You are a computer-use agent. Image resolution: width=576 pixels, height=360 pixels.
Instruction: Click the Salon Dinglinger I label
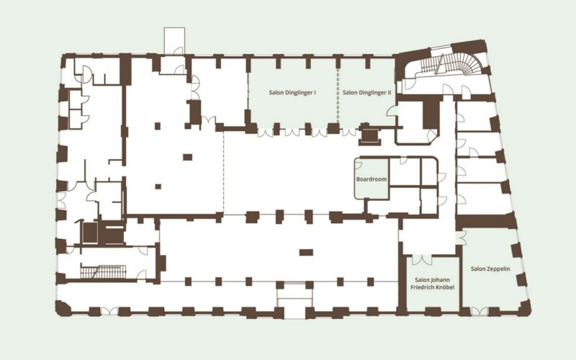[x=292, y=93]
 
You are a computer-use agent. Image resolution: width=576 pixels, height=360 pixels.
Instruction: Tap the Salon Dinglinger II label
[x=366, y=93]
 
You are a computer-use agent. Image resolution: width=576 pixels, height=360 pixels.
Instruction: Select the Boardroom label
[x=372, y=179]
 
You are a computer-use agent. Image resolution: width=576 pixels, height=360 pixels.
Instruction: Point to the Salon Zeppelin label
[x=490, y=269]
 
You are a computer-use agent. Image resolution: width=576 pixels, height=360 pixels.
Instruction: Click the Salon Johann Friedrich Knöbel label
[x=433, y=283]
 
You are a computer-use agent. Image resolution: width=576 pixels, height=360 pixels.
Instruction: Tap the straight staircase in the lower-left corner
[x=103, y=272]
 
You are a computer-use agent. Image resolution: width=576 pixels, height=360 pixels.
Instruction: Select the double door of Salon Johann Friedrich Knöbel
[x=422, y=259]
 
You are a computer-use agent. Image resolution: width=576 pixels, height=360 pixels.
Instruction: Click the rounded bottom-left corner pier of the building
[x=63, y=309]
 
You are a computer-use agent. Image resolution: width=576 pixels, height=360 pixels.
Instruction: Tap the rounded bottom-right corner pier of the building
[x=524, y=308]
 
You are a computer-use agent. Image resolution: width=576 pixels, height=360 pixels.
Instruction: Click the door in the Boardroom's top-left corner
[x=358, y=165]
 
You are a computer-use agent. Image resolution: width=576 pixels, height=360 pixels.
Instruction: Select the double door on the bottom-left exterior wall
[x=109, y=311]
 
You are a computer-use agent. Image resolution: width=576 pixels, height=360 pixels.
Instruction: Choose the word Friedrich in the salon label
[x=423, y=287]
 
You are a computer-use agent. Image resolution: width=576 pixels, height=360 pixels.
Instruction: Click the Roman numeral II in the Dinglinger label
[x=389, y=93]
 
